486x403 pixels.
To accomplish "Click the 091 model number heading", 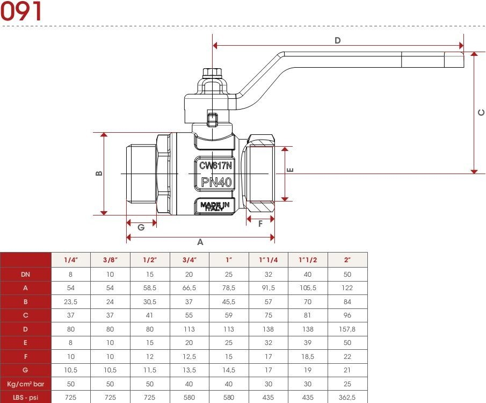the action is tap(21, 11).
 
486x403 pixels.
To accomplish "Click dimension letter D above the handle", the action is tap(338, 40).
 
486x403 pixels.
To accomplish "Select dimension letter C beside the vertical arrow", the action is tap(481, 112).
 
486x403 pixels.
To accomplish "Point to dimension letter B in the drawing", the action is tap(99, 174).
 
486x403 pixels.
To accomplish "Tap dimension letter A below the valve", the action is tap(200, 242).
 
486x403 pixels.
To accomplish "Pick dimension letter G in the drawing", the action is tap(141, 227).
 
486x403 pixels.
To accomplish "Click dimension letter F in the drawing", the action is tap(260, 224).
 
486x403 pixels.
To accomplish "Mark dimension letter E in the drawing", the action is tap(290, 170).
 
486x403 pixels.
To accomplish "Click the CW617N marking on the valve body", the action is tap(215, 165).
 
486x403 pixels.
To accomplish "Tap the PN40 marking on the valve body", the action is tap(216, 182).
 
